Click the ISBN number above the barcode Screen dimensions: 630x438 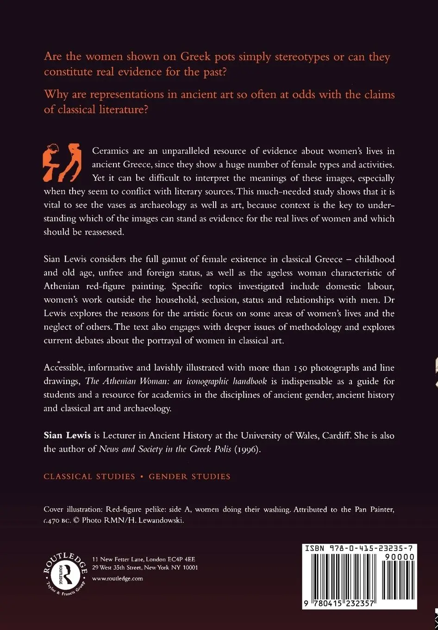click(359, 549)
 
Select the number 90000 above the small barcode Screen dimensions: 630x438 click(400, 557)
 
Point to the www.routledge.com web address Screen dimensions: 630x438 click(118, 579)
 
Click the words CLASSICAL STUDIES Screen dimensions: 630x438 click(89, 477)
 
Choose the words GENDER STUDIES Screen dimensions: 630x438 click(189, 477)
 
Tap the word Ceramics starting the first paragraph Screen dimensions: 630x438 click(109, 151)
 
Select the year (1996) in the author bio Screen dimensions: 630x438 click(246, 449)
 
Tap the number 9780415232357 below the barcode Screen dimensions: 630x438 click(338, 604)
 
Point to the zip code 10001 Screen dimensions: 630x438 click(189, 568)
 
